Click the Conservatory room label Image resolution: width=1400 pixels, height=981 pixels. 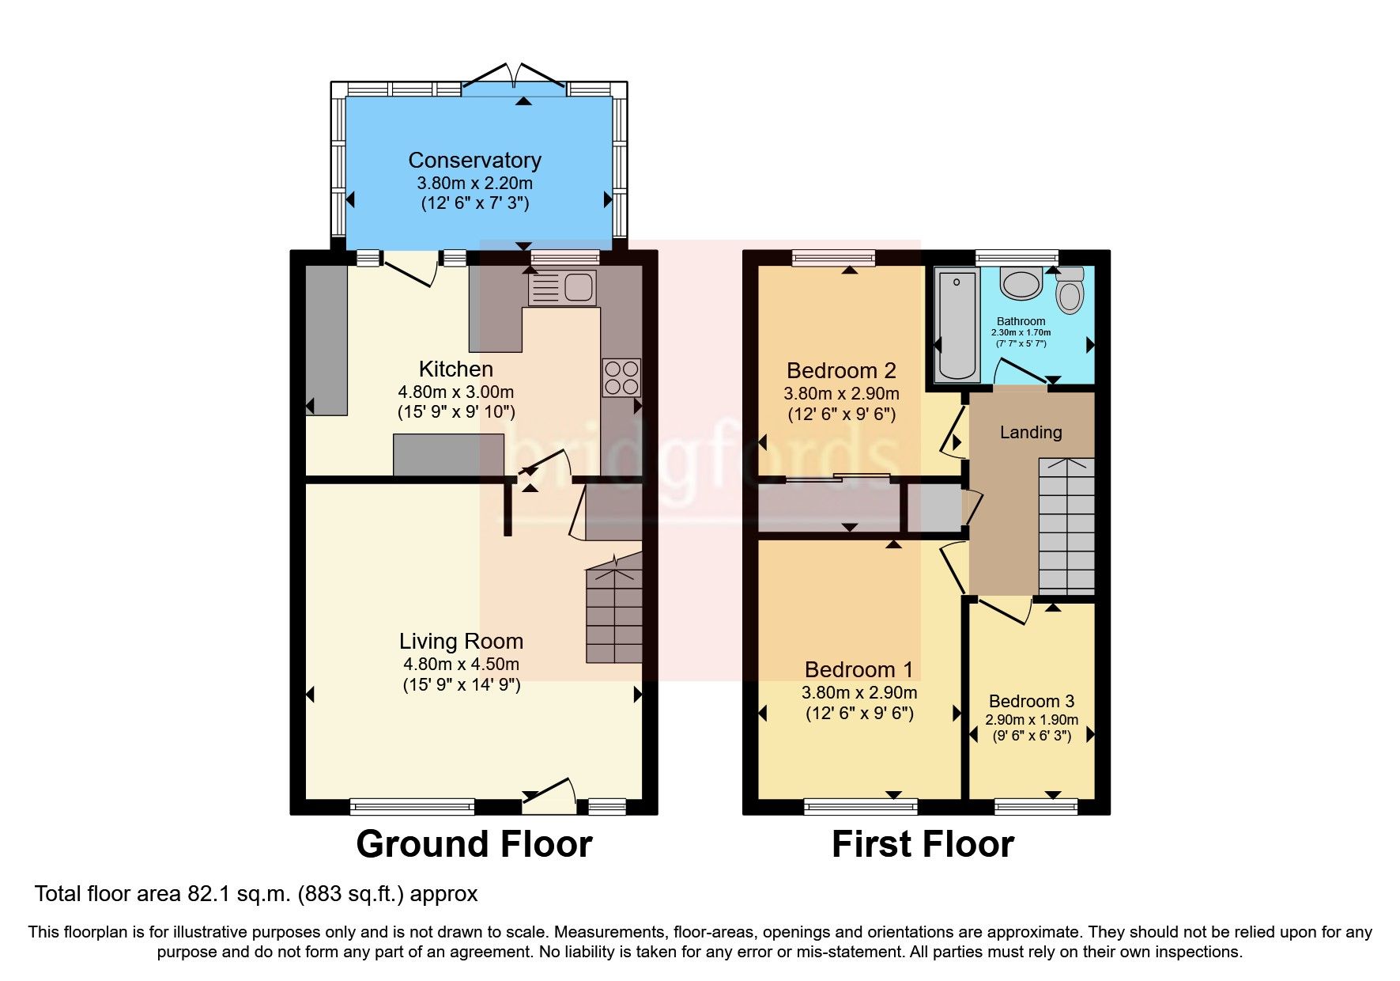(x=474, y=161)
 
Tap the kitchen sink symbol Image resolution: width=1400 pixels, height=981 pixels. (x=562, y=288)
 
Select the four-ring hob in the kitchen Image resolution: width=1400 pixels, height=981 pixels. (x=621, y=377)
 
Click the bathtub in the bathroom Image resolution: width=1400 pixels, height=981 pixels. (x=957, y=325)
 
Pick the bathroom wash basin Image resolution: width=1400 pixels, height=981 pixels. (x=1021, y=284)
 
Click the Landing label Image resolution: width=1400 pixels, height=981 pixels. (x=1030, y=432)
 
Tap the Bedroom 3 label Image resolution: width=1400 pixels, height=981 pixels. (x=1031, y=701)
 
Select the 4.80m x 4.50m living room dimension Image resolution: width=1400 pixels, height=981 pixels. (x=461, y=665)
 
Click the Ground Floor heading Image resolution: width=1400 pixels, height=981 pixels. (x=474, y=844)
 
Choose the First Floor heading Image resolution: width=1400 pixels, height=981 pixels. (x=923, y=844)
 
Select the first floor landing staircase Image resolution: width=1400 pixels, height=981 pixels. (x=1066, y=526)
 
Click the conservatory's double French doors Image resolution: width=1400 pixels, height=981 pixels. (x=514, y=79)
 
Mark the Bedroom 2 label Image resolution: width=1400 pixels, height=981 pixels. (x=841, y=370)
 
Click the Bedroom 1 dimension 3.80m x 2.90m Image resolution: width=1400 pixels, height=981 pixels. (x=859, y=693)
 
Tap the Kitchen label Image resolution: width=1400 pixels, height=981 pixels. (x=455, y=369)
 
